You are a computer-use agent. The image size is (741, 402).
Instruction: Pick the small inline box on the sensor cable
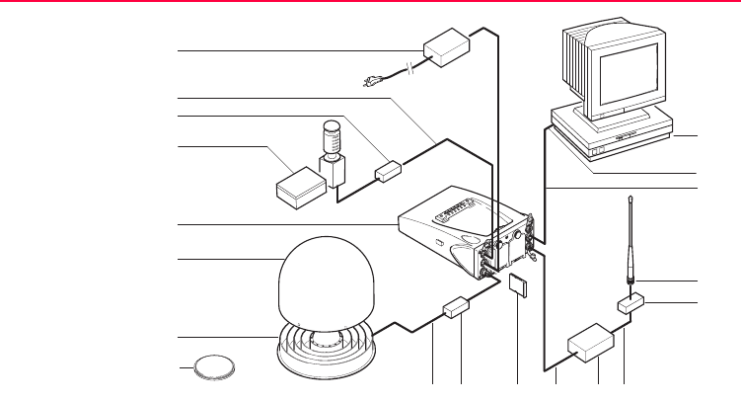(388, 171)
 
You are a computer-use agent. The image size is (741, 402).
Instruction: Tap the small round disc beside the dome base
(215, 367)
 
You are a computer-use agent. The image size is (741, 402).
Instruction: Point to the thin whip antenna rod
(630, 242)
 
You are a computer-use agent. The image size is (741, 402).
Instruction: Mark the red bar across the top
(370, 4)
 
